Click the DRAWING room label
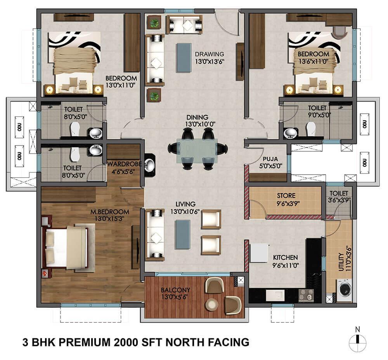point(210,54)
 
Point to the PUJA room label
point(270,159)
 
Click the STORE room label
point(286,196)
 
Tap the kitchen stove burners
point(306,295)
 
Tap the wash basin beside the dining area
point(150,165)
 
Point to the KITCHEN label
point(285,257)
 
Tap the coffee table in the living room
point(182,234)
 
